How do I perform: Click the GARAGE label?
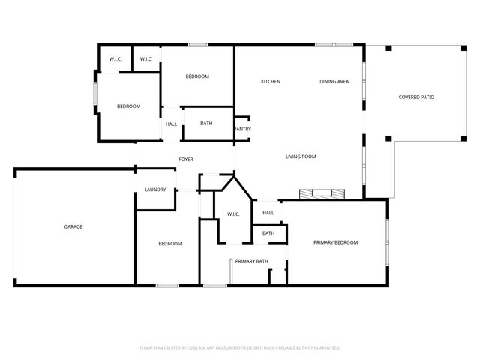[x=73, y=226]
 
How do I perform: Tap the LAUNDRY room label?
[x=155, y=190]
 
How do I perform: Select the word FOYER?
[x=185, y=160]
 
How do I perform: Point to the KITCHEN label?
[x=270, y=81]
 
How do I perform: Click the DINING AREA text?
[x=334, y=81]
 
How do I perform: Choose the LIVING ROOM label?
[x=301, y=157]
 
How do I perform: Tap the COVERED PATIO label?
[x=416, y=97]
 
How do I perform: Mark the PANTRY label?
[x=243, y=129]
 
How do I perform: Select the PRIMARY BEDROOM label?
[x=335, y=242]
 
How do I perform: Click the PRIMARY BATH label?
[x=251, y=261]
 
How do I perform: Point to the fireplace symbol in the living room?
[x=322, y=194]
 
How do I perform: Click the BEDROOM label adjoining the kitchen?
[x=197, y=76]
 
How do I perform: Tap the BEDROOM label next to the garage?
[x=169, y=244]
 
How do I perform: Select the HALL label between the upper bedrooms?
[x=172, y=124]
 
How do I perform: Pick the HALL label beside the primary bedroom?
[x=268, y=213]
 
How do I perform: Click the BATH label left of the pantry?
[x=206, y=124]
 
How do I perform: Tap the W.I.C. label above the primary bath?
[x=233, y=215]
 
